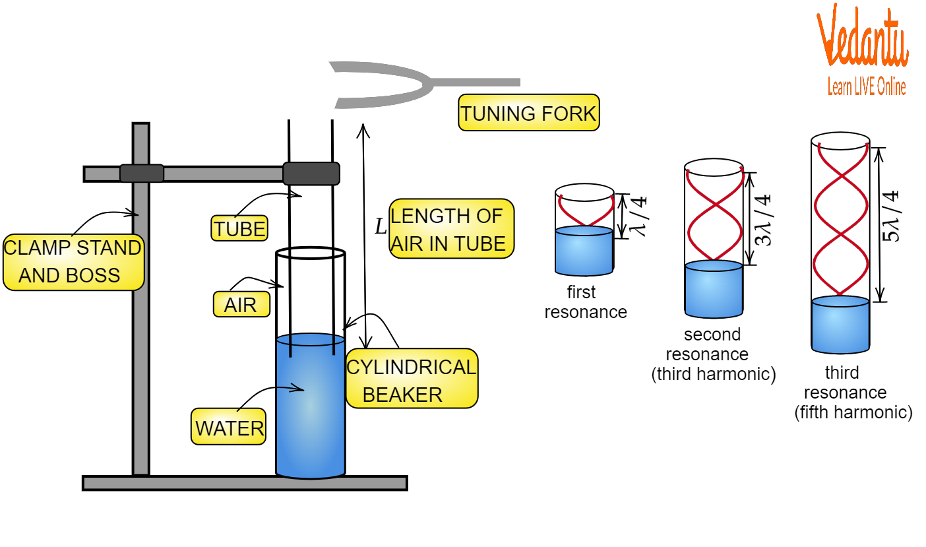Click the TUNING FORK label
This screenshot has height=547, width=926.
pyautogui.click(x=528, y=113)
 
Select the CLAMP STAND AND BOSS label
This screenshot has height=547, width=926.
pyautogui.click(x=73, y=262)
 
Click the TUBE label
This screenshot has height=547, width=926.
pyautogui.click(x=239, y=228)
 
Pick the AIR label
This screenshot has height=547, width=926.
pyautogui.click(x=241, y=304)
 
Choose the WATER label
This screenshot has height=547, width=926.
pyautogui.click(x=228, y=427)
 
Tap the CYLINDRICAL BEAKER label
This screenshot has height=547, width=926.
pyautogui.click(x=411, y=379)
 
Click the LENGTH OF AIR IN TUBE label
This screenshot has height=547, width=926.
pyautogui.click(x=451, y=228)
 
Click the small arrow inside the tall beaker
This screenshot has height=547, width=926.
pyautogui.click(x=290, y=389)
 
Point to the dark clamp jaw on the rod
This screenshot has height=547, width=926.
pyautogui.click(x=311, y=174)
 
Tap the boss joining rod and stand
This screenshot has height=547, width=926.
pyautogui.click(x=141, y=174)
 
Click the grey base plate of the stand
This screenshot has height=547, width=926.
pyautogui.click(x=244, y=483)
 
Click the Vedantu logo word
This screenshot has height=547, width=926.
pyautogui.click(x=863, y=40)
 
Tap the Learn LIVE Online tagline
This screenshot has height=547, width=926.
pyautogui.click(x=867, y=87)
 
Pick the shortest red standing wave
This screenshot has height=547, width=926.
pyautogui.click(x=586, y=210)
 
